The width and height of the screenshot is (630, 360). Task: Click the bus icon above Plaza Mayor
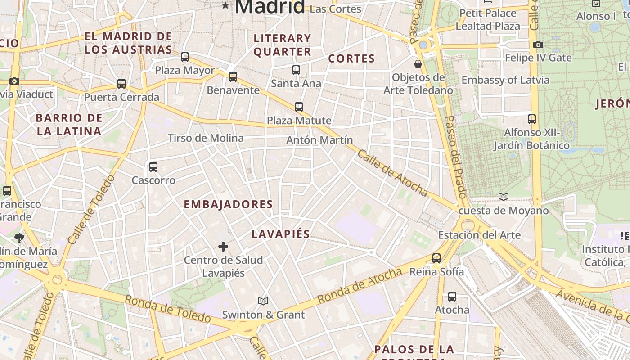185,57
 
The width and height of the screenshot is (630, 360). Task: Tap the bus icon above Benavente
233,77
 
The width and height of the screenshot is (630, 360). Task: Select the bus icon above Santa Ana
296,70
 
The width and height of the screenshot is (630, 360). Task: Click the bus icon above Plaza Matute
299,107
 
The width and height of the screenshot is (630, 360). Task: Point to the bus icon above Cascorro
153,167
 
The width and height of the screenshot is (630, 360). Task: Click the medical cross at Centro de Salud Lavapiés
223,247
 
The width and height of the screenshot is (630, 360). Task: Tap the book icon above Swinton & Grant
263,301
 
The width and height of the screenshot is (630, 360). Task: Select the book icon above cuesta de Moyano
504,197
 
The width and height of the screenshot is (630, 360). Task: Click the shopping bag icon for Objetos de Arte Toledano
418,64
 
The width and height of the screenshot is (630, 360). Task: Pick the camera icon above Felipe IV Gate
538,45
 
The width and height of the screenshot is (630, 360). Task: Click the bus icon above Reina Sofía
436,258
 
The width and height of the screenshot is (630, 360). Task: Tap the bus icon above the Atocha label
452,297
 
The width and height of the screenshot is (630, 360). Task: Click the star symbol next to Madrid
225,5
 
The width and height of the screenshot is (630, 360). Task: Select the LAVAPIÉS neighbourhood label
281,234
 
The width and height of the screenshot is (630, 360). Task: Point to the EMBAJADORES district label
228,204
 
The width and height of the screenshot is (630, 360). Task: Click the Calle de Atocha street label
393,173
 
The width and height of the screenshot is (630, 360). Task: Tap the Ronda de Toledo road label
167,309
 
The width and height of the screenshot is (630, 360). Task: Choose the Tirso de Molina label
206,138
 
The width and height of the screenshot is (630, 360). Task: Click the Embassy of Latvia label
505,80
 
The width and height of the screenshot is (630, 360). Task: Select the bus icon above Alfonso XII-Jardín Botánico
532,119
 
